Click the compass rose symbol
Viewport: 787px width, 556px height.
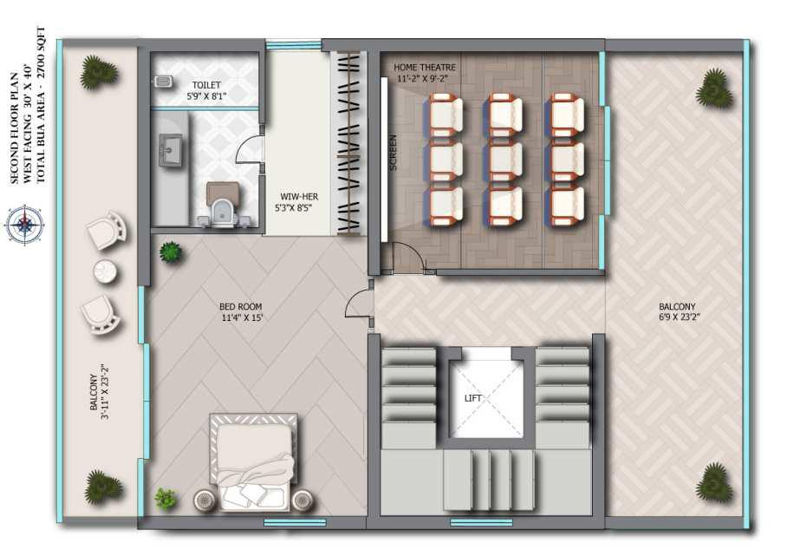23,225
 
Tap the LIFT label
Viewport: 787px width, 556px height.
472,398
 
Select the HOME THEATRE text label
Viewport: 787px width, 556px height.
425,67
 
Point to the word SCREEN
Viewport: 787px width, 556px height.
393,152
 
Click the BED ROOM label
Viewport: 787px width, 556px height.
240,306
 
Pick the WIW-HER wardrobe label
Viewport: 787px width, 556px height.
299,196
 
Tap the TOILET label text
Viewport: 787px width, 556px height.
206,85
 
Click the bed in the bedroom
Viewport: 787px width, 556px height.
253,462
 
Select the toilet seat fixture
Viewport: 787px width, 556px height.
224,208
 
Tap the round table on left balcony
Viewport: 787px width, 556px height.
106,271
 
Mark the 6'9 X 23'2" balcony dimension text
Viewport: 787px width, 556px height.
679,317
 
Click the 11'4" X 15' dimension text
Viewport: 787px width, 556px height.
242,317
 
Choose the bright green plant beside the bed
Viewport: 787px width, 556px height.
166,499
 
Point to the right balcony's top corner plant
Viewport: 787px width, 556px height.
713,88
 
